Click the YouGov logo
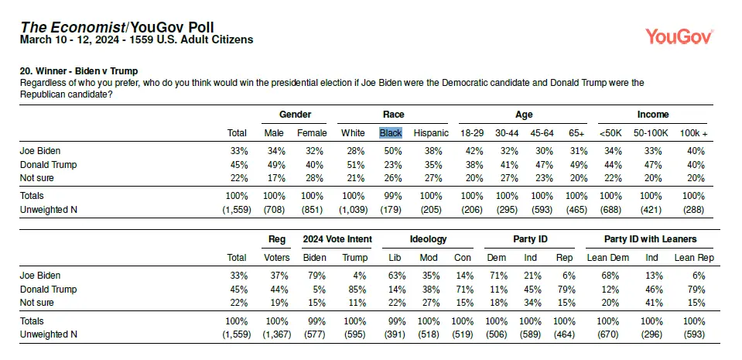679,36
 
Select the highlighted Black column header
391,133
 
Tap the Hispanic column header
431,133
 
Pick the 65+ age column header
576,133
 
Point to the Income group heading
653,114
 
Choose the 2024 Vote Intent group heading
337,239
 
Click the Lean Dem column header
608,258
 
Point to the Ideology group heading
427,239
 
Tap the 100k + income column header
694,133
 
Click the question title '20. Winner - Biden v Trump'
79,71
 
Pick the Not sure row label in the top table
37,178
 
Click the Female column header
312,133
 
